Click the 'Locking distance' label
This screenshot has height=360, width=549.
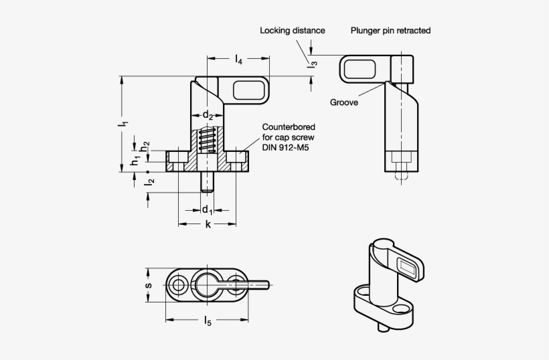[293, 30]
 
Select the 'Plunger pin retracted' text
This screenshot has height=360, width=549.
[390, 30]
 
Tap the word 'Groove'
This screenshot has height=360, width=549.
[343, 102]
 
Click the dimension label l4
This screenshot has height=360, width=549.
[239, 61]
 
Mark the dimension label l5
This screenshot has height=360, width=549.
[208, 322]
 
